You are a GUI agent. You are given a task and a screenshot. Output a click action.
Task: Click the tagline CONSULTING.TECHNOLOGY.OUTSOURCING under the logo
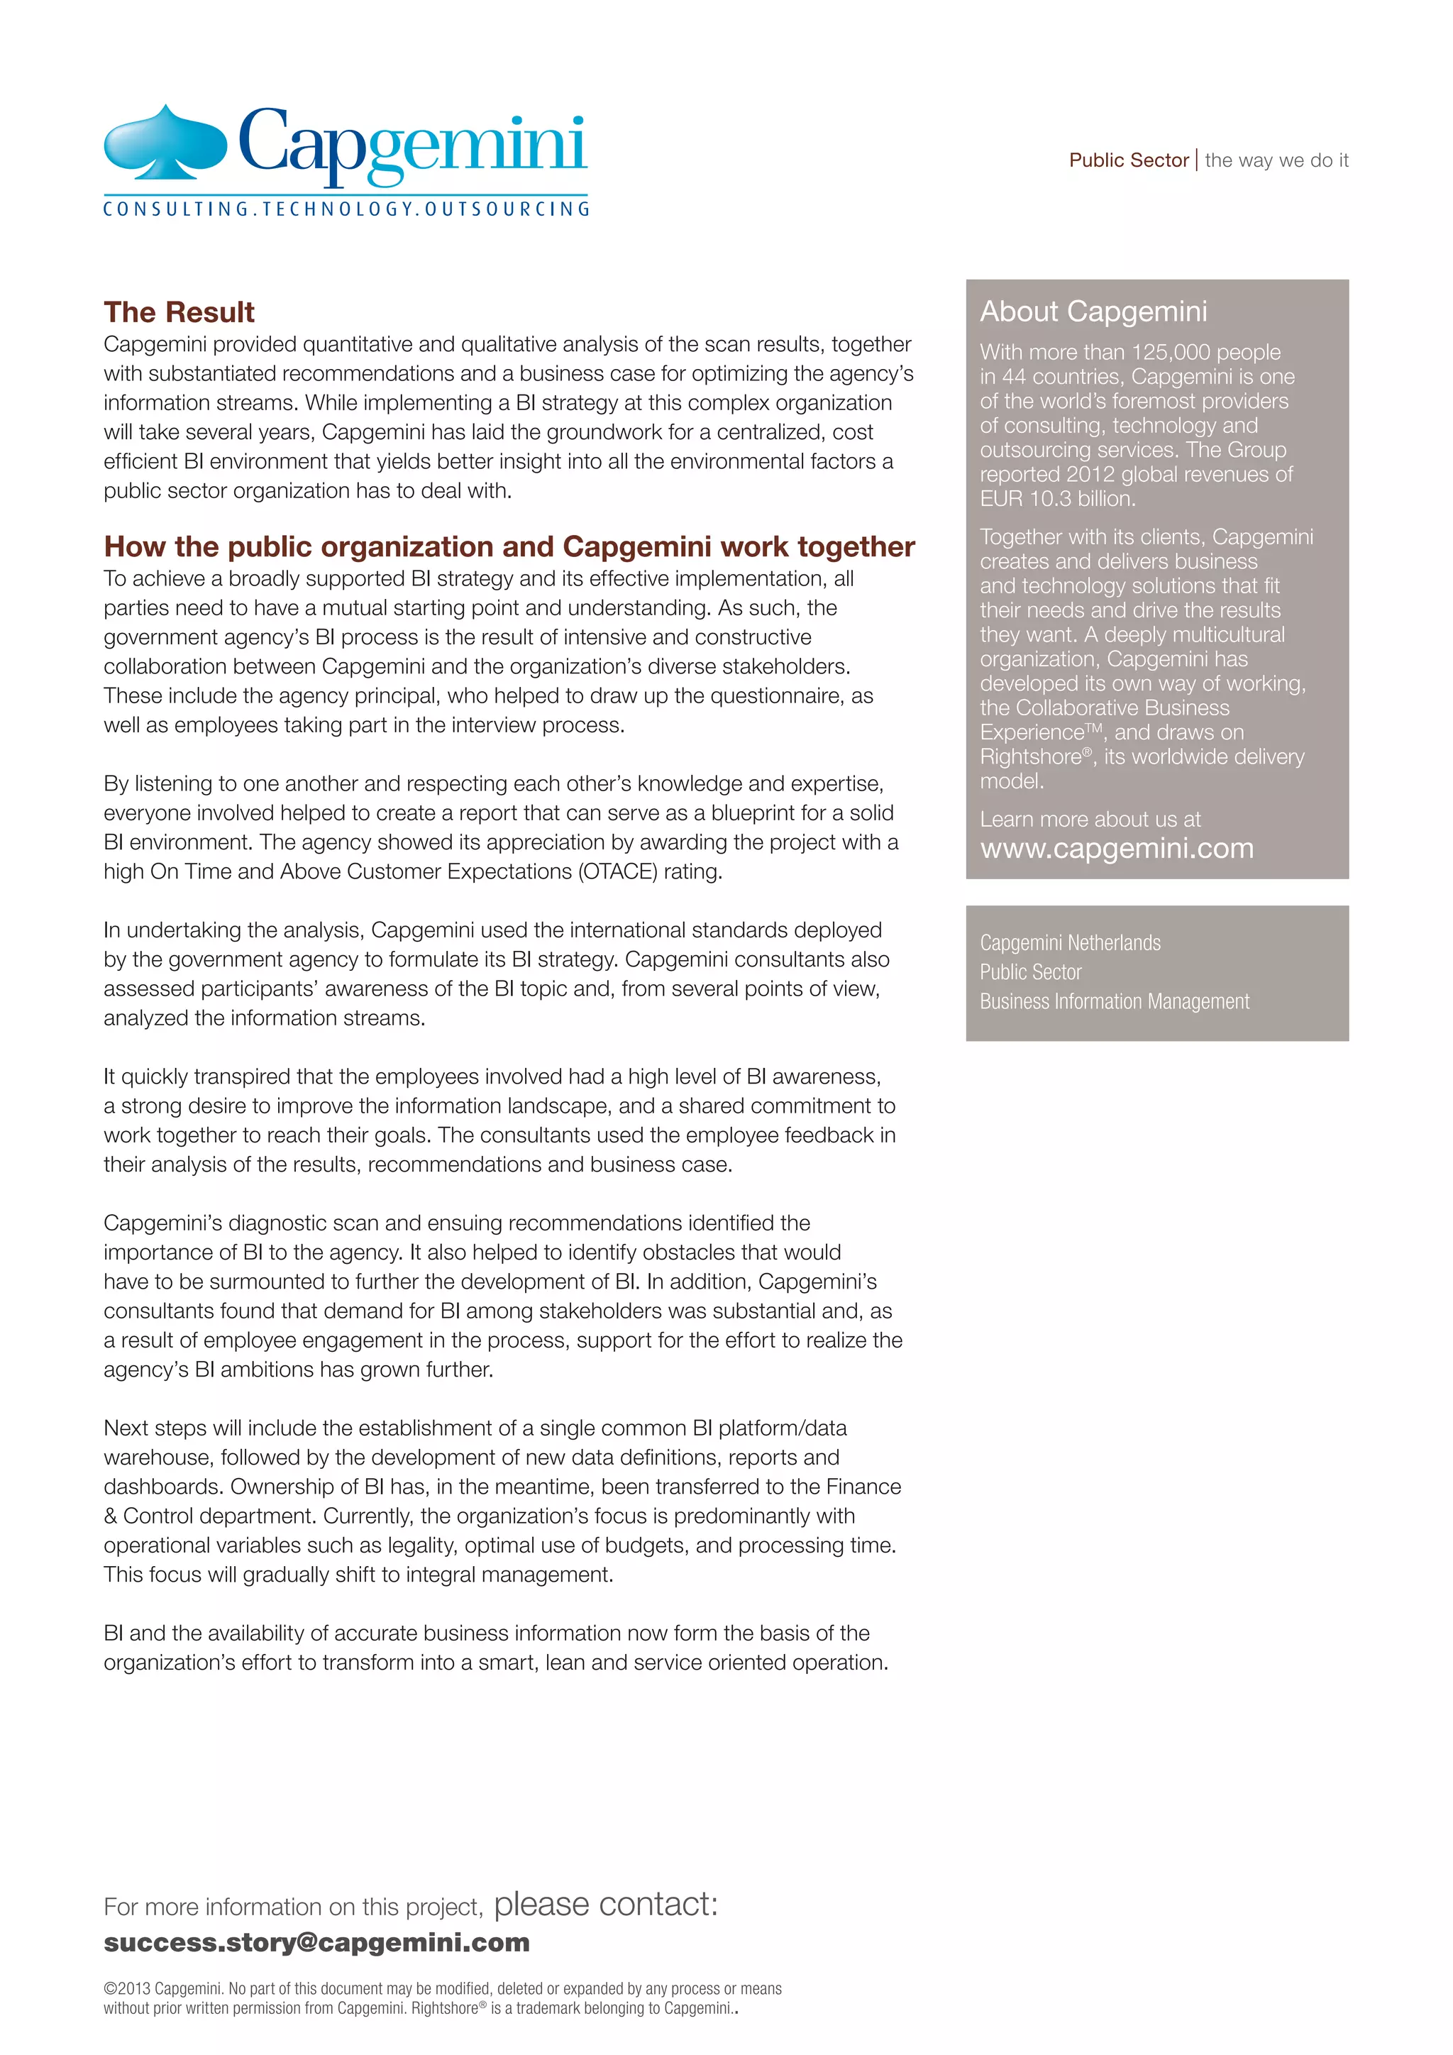pos(346,209)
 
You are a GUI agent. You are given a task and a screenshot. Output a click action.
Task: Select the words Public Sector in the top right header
pos(1128,160)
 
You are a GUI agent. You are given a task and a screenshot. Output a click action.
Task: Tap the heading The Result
pos(179,312)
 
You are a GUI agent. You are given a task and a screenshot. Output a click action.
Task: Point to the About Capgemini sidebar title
pos(1093,312)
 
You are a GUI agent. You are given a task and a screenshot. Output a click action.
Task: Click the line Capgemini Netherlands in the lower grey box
pos(1070,942)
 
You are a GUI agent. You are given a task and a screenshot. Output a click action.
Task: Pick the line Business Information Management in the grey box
pos(1114,1001)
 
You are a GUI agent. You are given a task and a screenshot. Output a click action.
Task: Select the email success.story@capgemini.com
pos(316,1942)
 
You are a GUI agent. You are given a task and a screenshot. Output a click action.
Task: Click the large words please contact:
pos(606,1904)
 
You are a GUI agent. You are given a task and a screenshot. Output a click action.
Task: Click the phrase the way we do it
pos(1276,160)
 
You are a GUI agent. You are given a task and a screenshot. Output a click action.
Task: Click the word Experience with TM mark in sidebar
pos(1032,733)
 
